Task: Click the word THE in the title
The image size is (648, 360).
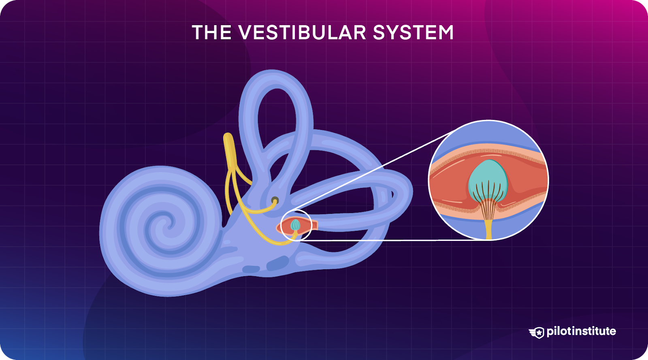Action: pyautogui.click(x=211, y=32)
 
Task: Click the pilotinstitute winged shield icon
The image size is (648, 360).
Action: pyautogui.click(x=537, y=332)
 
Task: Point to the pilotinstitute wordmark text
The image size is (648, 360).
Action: pyautogui.click(x=581, y=331)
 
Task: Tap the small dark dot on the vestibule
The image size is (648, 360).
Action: pyautogui.click(x=275, y=200)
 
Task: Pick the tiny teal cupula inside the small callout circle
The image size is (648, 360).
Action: pyautogui.click(x=295, y=224)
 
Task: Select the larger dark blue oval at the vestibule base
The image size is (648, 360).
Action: pyautogui.click(x=277, y=263)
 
